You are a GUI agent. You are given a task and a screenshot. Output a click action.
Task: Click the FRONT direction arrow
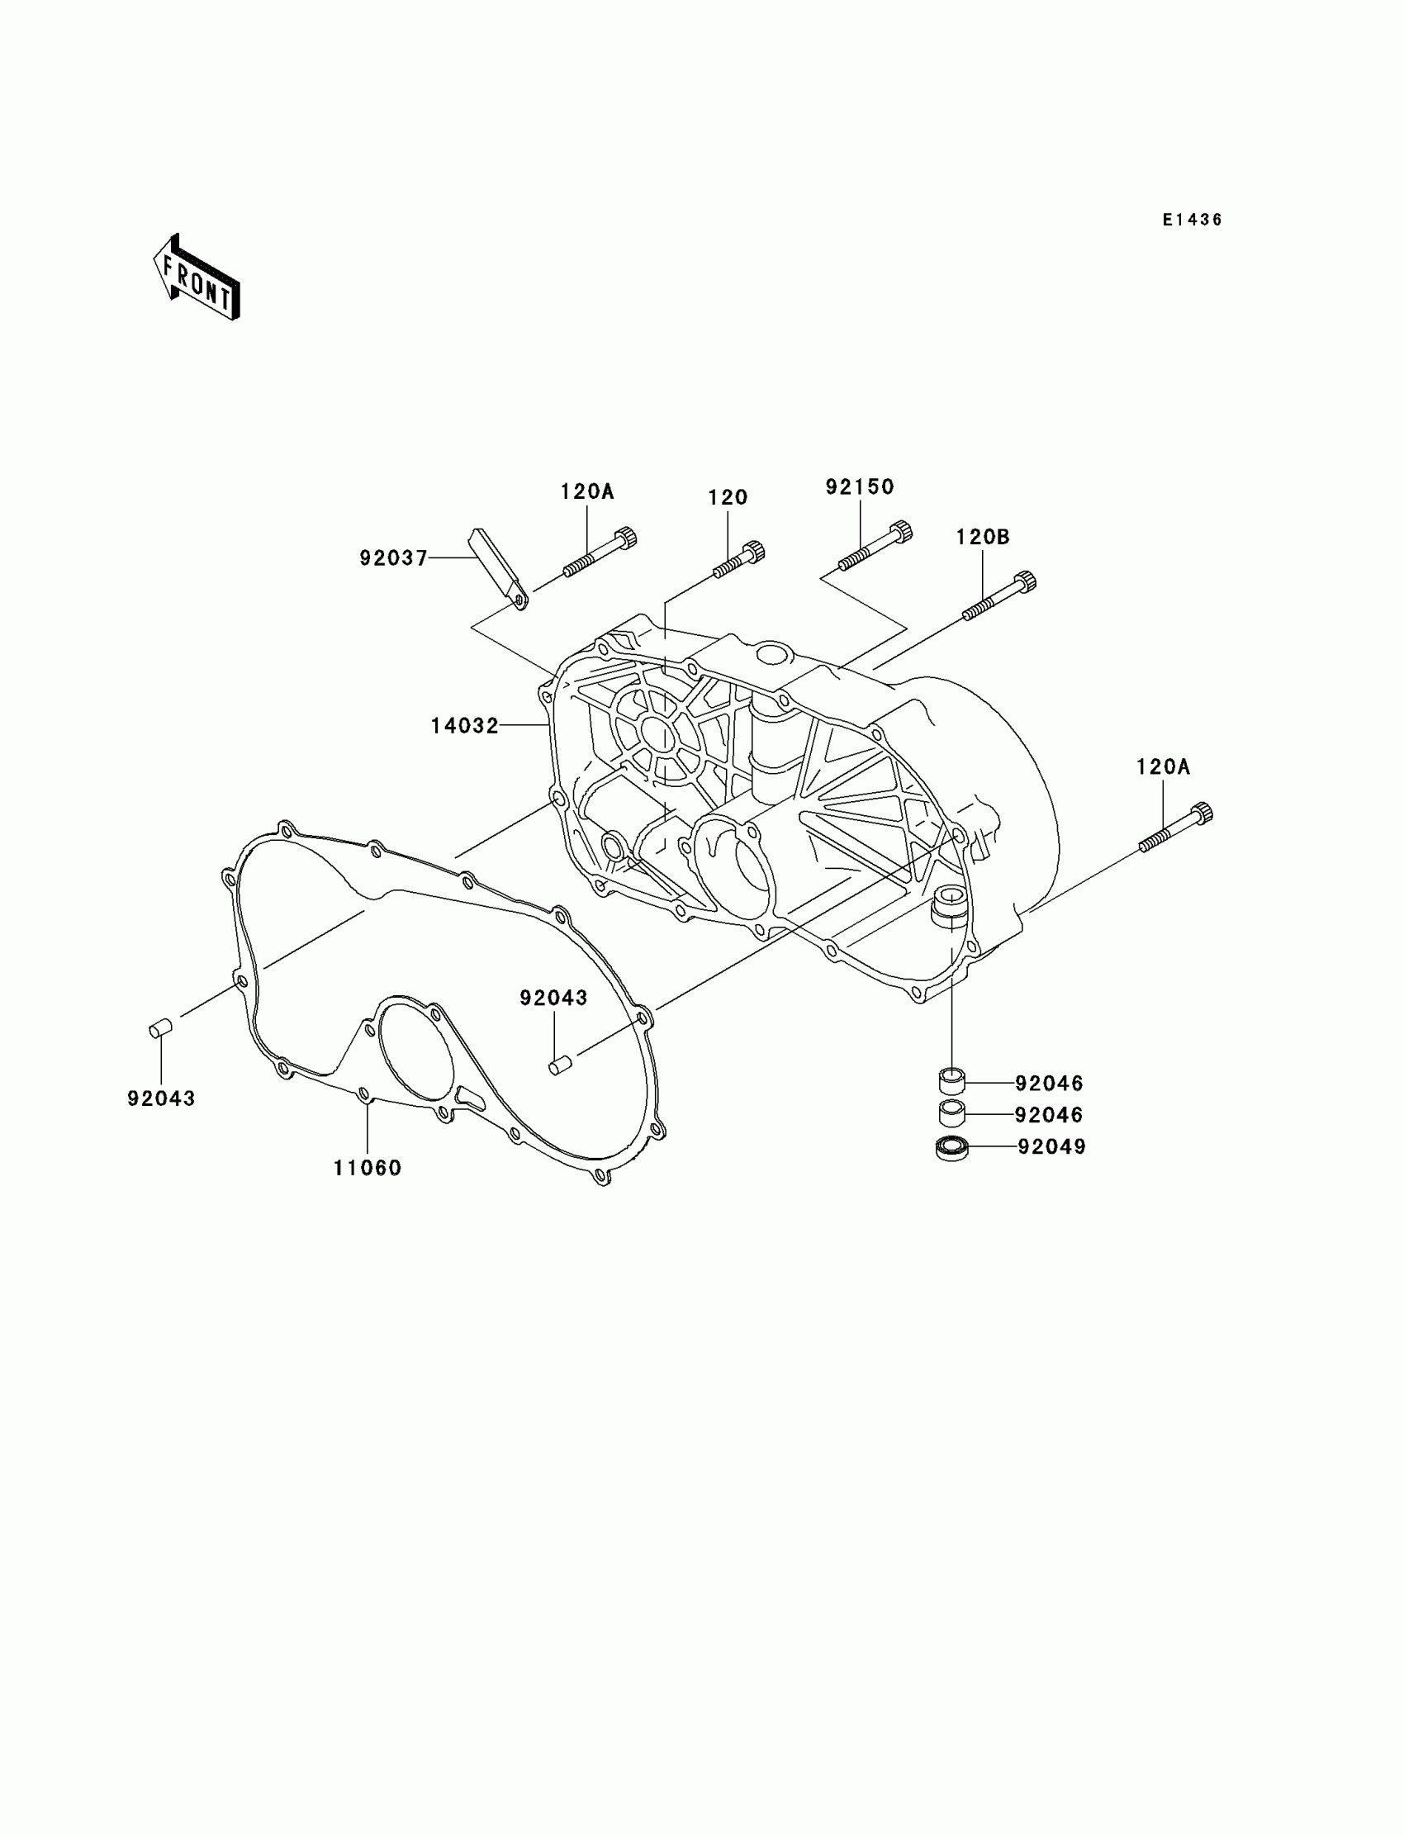point(197,279)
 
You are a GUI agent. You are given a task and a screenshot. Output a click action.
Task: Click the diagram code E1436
point(1192,220)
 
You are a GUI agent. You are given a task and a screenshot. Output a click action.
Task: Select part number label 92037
point(393,557)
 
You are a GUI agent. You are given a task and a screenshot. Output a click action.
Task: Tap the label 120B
point(983,537)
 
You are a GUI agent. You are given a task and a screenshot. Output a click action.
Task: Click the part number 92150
point(859,486)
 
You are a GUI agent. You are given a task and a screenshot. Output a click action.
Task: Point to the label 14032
point(465,726)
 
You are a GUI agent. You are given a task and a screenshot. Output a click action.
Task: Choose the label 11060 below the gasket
point(368,1169)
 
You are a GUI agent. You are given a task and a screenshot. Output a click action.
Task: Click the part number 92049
point(1051,1146)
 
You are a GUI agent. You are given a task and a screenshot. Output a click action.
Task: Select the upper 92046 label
point(1049,1083)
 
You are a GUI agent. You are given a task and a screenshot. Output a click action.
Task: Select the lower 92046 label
point(1049,1115)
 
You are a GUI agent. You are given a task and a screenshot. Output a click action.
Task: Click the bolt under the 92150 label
point(874,547)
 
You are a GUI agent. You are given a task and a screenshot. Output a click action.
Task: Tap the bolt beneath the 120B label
point(998,595)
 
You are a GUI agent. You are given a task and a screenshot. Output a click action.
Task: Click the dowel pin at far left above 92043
point(159,1028)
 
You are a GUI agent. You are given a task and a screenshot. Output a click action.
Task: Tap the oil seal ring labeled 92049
point(951,1148)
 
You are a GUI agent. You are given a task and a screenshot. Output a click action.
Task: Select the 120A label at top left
point(586,491)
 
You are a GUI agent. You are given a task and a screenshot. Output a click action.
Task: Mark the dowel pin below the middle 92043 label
point(559,1065)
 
